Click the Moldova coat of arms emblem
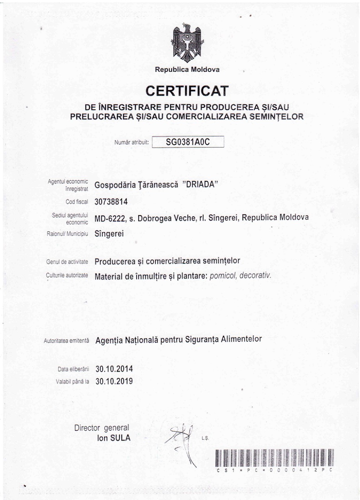pyautogui.click(x=187, y=44)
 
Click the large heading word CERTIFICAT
pyautogui.click(x=187, y=92)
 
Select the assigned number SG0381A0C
pyautogui.click(x=188, y=142)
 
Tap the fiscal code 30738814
pyautogui.click(x=111, y=202)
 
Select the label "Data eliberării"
pyautogui.click(x=73, y=368)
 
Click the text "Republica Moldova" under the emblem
pyautogui.click(x=187, y=70)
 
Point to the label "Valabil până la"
pyautogui.click(x=73, y=382)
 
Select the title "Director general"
pyautogui.click(x=102, y=428)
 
